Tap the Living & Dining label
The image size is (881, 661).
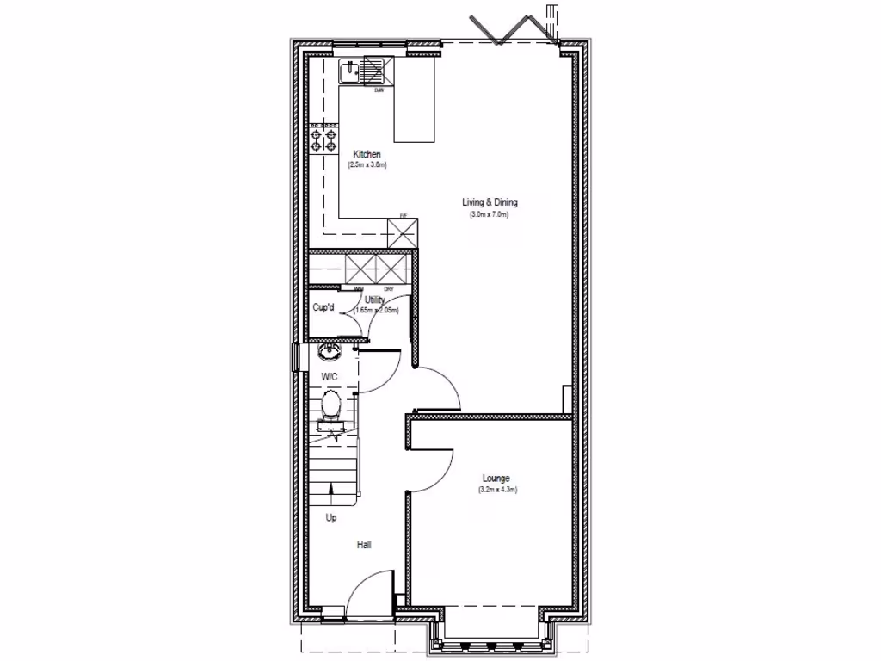(490, 202)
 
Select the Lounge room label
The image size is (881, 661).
(496, 479)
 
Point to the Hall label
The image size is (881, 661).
(364, 545)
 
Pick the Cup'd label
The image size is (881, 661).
(323, 307)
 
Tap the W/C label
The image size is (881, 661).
(330, 378)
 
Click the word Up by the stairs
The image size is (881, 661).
(331, 518)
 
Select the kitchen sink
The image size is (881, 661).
(352, 71)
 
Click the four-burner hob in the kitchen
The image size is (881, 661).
(323, 139)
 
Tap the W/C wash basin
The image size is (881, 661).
(328, 351)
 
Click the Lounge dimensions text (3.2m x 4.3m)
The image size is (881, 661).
(496, 490)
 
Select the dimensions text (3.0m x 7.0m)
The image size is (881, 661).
(490, 213)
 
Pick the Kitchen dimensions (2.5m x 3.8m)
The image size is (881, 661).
(367, 164)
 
